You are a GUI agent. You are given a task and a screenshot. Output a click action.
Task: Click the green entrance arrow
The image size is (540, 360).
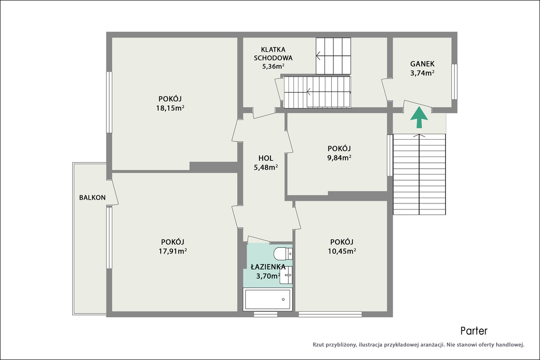pos(419,118)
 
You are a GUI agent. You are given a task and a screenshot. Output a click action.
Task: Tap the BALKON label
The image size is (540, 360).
pos(92,198)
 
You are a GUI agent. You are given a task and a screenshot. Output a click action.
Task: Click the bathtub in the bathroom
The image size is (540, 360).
pos(267,299)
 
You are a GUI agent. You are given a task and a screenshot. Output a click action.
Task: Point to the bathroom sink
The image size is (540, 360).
pos(286,275)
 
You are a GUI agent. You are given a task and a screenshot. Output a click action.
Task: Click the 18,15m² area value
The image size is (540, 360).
pos(170,108)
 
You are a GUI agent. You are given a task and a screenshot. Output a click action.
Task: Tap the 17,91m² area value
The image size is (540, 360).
pos(172,251)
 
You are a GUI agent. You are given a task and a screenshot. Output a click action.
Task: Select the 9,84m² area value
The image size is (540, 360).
pos(339,158)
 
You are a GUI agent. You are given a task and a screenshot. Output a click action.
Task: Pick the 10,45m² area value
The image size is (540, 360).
pos(342,251)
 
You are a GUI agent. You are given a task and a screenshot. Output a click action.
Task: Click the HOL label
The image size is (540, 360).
pos(266,158)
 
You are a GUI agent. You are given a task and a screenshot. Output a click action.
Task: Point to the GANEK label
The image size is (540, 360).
pos(422,64)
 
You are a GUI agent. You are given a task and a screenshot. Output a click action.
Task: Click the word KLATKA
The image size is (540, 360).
pos(273,50)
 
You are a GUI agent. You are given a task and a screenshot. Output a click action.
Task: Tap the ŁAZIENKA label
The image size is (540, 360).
pos(268,267)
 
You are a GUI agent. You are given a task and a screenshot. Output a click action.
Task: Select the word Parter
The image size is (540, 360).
pos(474,331)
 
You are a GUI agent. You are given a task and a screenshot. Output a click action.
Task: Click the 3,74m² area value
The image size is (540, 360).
pos(422,73)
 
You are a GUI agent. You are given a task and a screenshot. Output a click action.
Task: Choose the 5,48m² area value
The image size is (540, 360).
pos(266,167)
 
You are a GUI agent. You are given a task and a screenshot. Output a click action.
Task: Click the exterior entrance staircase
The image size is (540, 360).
pos(419,174)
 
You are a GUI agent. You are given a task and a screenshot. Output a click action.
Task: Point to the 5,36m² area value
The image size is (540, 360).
pos(273,66)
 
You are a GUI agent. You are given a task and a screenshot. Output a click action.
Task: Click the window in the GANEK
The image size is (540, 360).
pos(455,82)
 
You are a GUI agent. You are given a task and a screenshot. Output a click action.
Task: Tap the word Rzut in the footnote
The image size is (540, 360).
pos(318,345)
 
